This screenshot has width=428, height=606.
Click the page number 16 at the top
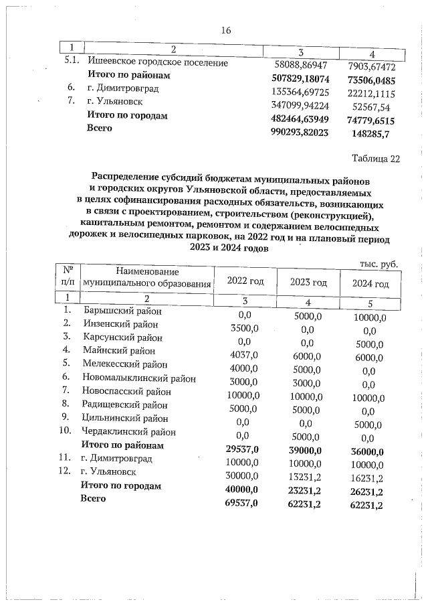click(x=225, y=30)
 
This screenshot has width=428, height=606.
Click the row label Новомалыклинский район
click(x=140, y=378)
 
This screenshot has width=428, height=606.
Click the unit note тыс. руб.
click(x=379, y=264)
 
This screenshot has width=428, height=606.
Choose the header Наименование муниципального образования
click(x=146, y=277)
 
